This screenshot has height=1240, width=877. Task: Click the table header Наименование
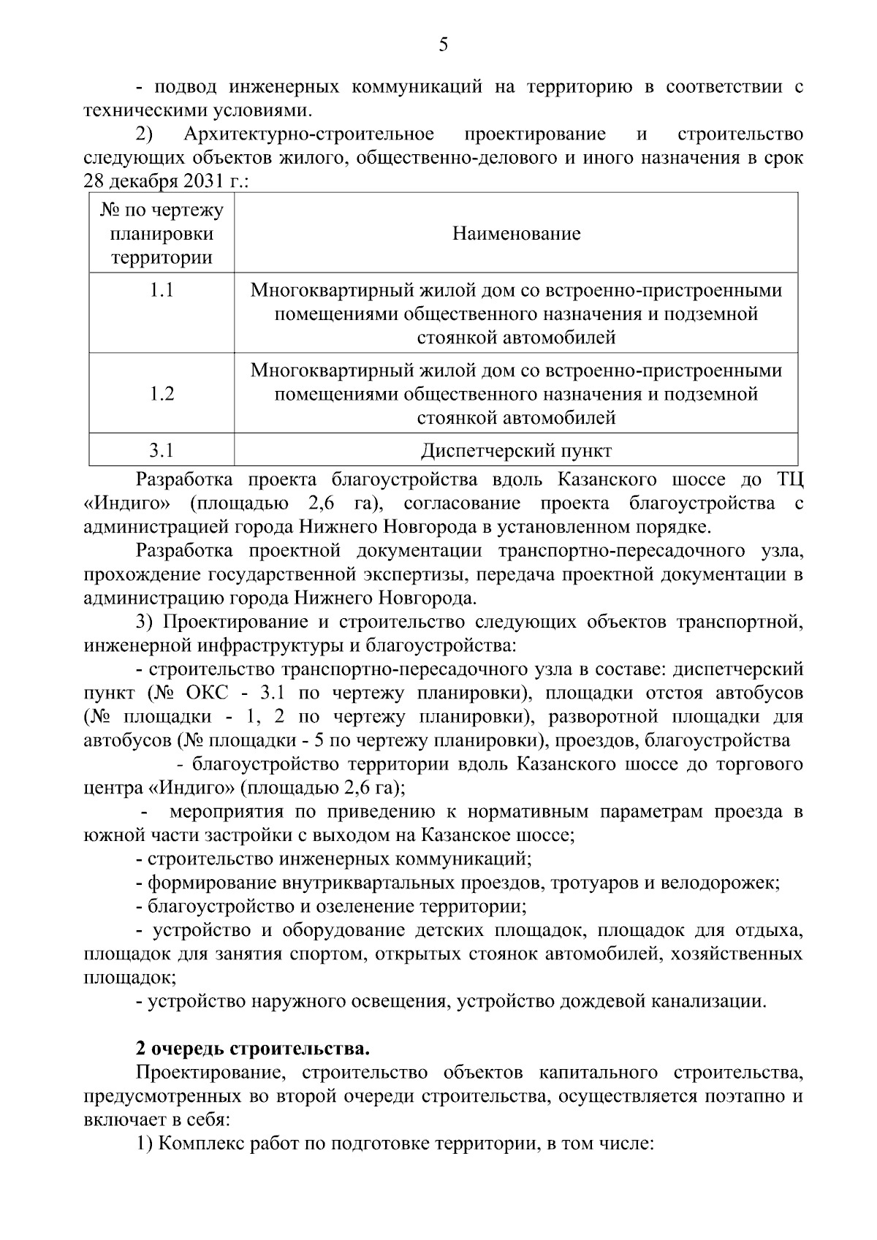(x=516, y=234)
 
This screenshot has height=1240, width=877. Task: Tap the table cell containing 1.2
(x=162, y=394)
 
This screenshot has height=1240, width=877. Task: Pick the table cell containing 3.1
(x=162, y=450)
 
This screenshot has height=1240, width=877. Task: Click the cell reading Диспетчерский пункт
(x=516, y=450)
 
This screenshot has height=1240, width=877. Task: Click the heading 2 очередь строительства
(x=253, y=1049)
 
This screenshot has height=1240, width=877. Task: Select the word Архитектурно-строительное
(x=308, y=134)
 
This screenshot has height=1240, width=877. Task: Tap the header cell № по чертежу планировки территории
(x=162, y=234)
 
